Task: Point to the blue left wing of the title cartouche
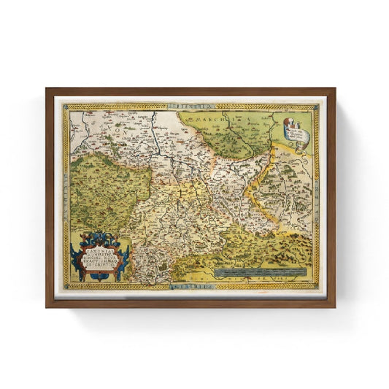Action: [x=75, y=251]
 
